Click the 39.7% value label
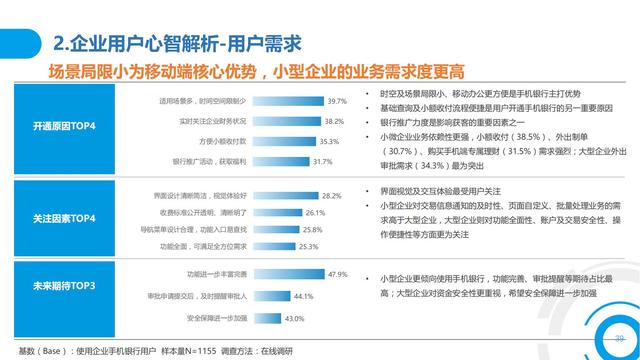click(337, 101)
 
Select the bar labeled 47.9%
click(289, 274)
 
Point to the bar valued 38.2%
click(291, 121)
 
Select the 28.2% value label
click(332, 196)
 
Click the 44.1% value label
click(301, 296)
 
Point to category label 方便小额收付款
click(227, 141)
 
